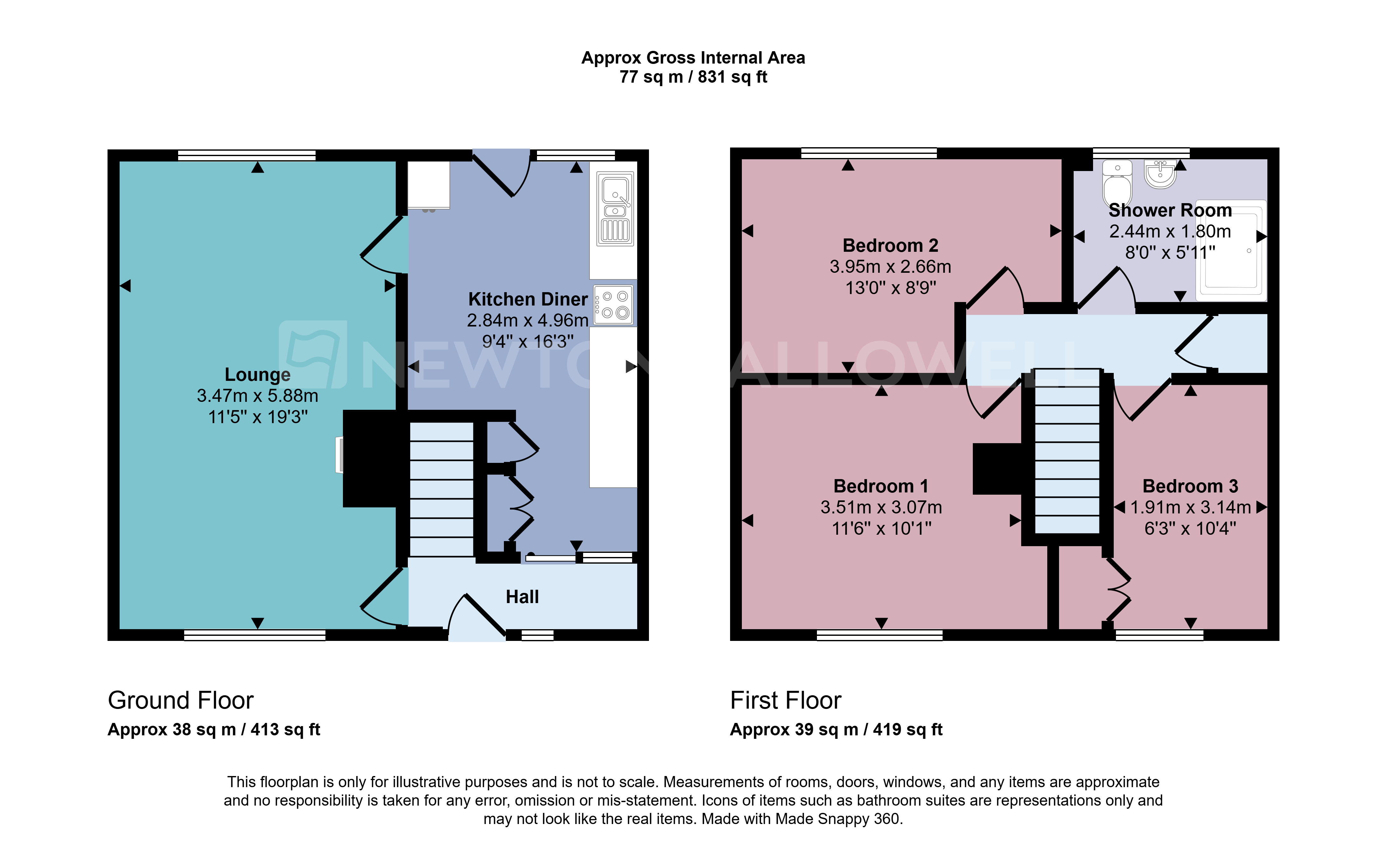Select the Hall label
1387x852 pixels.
pos(522,597)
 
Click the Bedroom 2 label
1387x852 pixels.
pos(890,246)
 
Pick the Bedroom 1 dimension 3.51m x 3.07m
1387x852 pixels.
pos(881,507)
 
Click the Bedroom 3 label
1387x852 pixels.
pos(1190,486)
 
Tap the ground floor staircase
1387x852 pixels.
pos(442,489)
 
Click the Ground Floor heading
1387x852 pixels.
pos(180,700)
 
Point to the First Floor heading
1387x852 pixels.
pos(785,700)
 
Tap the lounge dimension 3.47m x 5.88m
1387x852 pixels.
pos(258,395)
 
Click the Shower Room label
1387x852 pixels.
pos(1170,210)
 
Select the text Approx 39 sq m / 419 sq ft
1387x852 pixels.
pos(836,730)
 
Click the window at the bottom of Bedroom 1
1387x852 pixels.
pos(880,636)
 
